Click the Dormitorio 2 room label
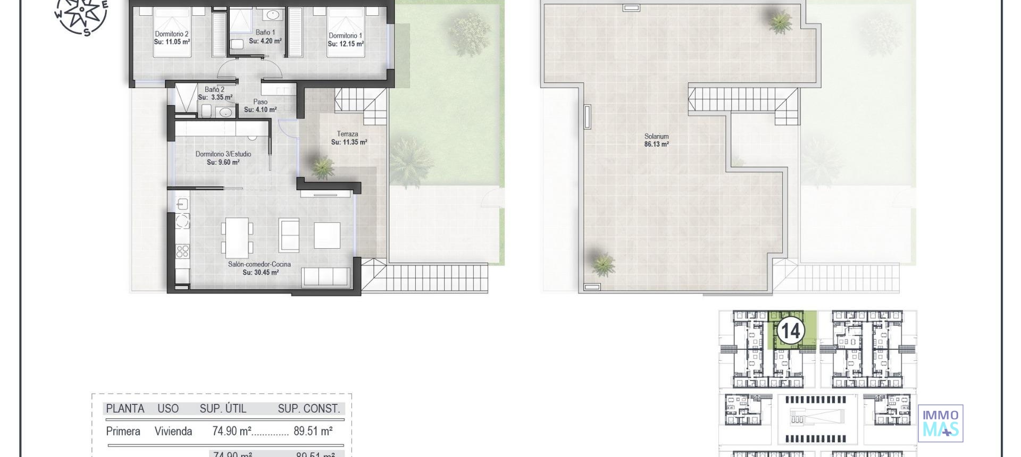click(x=172, y=33)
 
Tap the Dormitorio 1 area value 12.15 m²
click(x=346, y=44)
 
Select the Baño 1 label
click(x=265, y=32)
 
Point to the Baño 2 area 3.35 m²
click(x=215, y=98)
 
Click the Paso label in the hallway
click(x=260, y=102)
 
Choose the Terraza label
click(x=347, y=134)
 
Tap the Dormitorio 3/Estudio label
click(x=223, y=154)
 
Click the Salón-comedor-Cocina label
click(x=260, y=264)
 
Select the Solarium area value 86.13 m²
click(x=656, y=144)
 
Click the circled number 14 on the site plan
click(x=790, y=332)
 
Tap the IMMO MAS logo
click(x=940, y=423)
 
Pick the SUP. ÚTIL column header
click(x=223, y=409)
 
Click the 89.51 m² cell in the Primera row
click(x=313, y=431)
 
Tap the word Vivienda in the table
click(x=173, y=431)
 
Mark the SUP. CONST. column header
click(x=308, y=409)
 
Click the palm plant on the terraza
click(x=322, y=166)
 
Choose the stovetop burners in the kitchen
click(x=182, y=250)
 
